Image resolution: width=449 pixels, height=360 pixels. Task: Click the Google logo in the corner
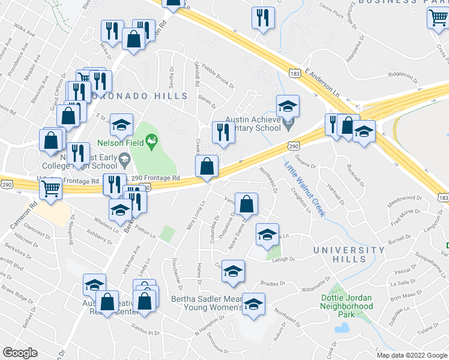point(20,353)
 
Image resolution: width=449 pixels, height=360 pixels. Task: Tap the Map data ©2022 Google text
point(411,355)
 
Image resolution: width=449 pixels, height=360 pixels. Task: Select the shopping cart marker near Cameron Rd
point(51,188)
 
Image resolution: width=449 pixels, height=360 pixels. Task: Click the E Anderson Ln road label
point(322,79)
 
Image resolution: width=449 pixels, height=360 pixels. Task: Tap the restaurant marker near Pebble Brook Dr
point(224,133)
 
